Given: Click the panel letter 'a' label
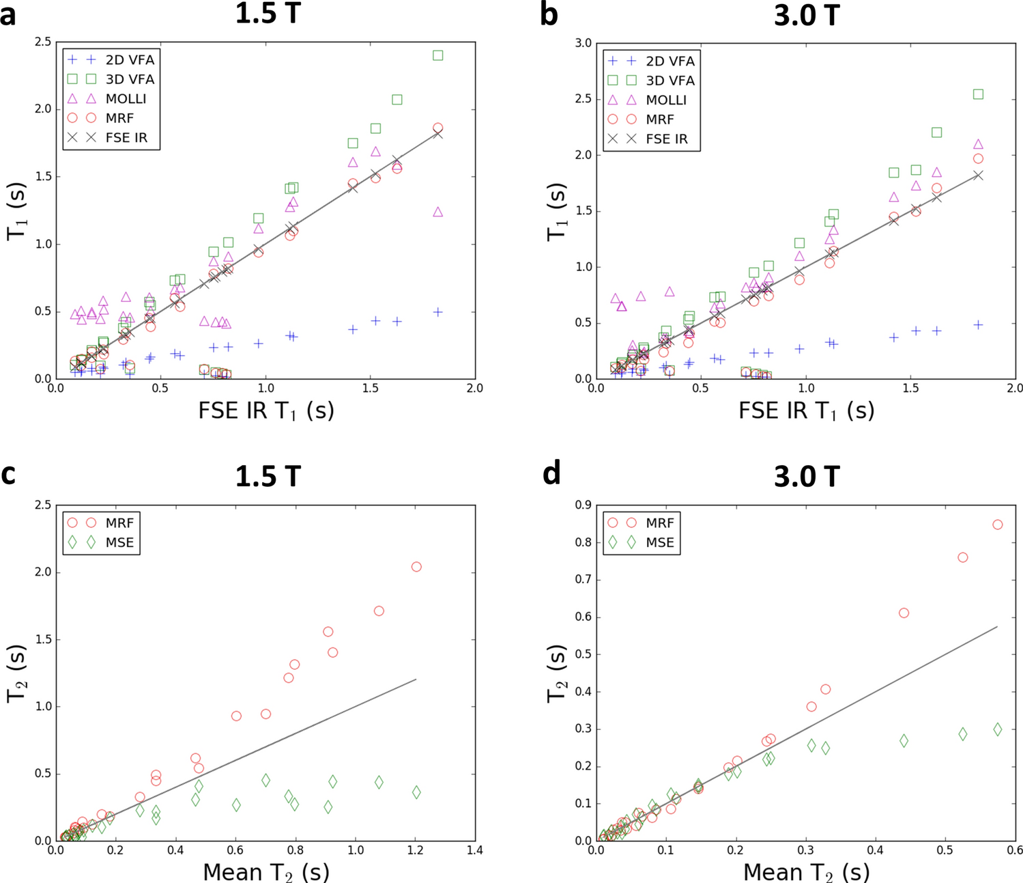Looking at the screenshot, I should (x=8, y=15).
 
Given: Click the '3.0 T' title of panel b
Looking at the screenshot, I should (x=806, y=15).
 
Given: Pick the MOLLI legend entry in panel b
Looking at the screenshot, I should (x=666, y=100).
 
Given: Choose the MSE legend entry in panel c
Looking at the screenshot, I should (x=119, y=543).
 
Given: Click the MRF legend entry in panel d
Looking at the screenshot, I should (x=660, y=523).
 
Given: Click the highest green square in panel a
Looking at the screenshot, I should (x=438, y=55).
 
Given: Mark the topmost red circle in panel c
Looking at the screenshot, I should (x=416, y=567).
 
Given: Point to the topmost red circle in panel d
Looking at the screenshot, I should (x=997, y=524).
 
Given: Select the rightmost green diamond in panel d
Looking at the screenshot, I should (x=997, y=729).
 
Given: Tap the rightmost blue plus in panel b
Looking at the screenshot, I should (x=978, y=325).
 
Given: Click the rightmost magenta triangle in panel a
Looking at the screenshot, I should (x=438, y=212).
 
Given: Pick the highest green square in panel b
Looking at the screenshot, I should (x=978, y=94).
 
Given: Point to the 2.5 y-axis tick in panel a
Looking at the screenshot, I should (x=42, y=42).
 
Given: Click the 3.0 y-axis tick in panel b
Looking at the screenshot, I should (x=583, y=43).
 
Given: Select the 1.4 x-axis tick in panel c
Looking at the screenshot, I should (x=475, y=850).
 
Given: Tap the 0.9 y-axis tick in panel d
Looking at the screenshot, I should (x=583, y=505).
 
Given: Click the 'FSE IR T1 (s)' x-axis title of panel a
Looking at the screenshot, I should (x=265, y=410).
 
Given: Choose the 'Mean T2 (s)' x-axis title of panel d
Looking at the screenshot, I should (x=806, y=872).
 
